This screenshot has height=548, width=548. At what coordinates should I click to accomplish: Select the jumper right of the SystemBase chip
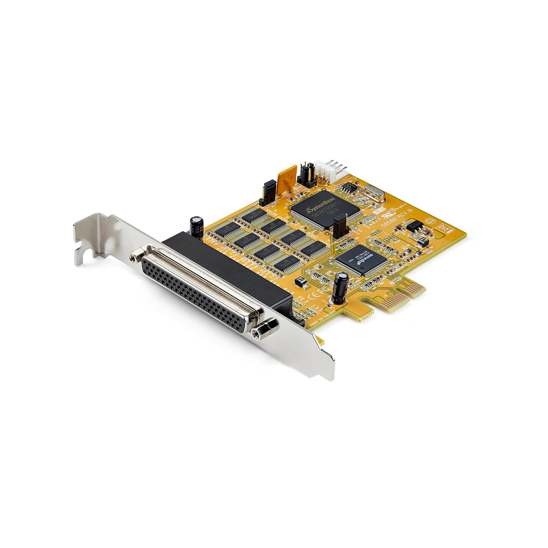340,227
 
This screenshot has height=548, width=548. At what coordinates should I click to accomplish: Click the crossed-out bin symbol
442,226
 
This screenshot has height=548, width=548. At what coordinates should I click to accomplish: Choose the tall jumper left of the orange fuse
269,192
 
